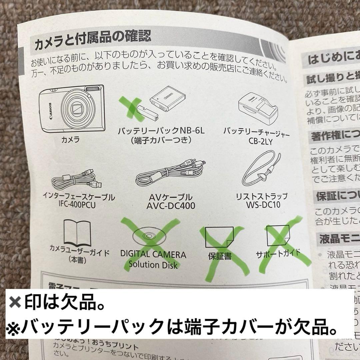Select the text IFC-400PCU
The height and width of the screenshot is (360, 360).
pos(79,205)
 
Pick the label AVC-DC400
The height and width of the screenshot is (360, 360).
pos(171,206)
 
